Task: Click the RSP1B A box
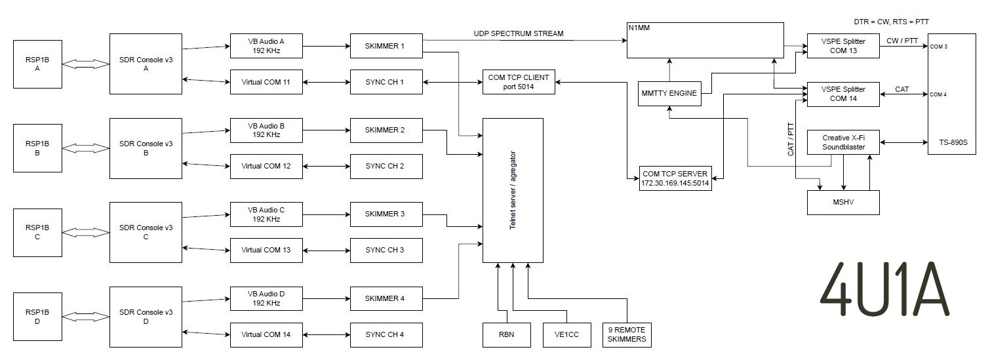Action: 38,64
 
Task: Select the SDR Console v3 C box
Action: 146,231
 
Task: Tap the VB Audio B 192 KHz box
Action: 266,130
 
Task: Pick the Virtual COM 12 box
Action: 266,166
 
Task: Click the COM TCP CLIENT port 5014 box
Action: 519,82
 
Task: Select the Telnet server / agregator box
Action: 513,190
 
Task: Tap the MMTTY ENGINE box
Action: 669,94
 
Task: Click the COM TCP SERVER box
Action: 675,178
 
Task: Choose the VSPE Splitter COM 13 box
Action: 842,46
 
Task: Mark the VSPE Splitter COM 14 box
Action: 842,94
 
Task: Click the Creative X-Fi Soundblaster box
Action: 842,142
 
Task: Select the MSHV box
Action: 842,202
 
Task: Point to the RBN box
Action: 506,334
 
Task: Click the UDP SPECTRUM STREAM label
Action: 518,33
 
